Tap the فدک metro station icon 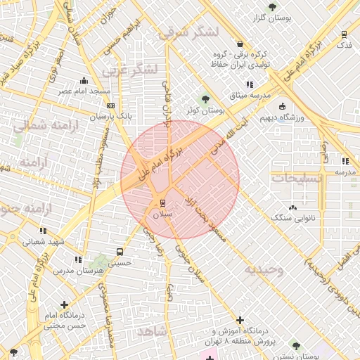[344, 34]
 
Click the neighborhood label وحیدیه [264, 270]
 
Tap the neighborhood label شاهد [151, 330]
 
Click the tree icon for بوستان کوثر [205, 99]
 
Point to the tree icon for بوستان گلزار [272, 6]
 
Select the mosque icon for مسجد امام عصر [84, 80]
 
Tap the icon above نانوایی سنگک [292, 207]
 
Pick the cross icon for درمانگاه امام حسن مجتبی [65, 304]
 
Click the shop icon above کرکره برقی [240, 44]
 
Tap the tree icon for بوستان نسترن [295, 345]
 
